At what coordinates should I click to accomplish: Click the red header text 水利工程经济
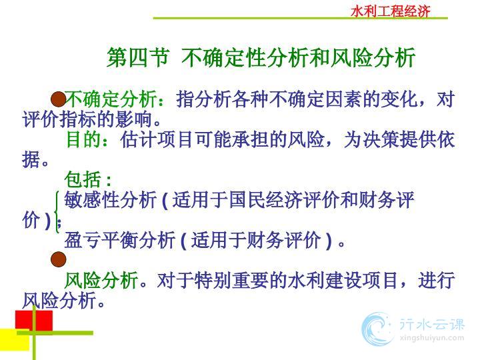(x=390, y=11)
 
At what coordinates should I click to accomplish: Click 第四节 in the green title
(x=137, y=57)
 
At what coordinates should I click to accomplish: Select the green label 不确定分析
(x=111, y=99)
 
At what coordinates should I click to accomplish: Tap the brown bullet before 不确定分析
(x=59, y=99)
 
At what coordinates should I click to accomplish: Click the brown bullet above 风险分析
(x=59, y=259)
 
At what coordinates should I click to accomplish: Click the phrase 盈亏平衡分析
(x=120, y=240)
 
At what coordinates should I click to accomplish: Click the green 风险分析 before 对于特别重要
(x=101, y=280)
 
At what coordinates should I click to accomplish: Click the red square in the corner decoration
(x=34, y=321)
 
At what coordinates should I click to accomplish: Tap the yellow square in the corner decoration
(x=15, y=340)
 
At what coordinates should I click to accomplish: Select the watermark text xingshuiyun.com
(x=432, y=338)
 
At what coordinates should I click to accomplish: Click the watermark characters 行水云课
(x=432, y=324)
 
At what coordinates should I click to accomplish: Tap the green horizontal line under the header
(x=300, y=19)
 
